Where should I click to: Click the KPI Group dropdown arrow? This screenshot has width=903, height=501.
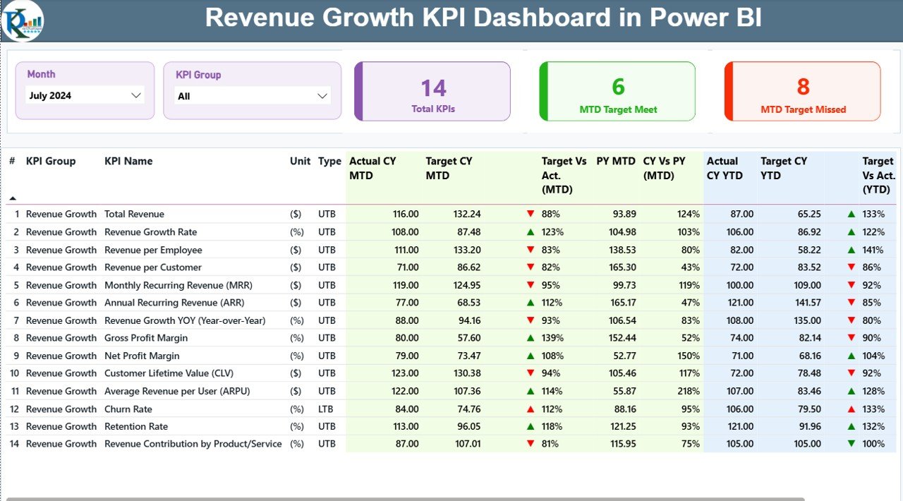(322, 96)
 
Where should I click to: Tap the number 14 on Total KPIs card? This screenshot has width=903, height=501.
(433, 88)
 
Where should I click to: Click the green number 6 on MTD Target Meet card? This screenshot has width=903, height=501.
(618, 87)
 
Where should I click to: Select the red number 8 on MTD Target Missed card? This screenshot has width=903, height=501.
(803, 87)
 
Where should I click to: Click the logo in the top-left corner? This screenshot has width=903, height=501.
(22, 21)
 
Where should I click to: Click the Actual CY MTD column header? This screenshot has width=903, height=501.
(373, 168)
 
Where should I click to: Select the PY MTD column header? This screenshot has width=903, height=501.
(615, 161)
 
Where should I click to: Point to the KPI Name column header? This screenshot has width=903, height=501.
(128, 161)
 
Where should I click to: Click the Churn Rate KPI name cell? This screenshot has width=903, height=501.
(128, 409)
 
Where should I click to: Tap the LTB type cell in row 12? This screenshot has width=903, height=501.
(327, 409)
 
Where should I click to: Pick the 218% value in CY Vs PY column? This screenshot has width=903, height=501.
(689, 391)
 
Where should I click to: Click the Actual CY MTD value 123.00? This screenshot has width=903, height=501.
(405, 373)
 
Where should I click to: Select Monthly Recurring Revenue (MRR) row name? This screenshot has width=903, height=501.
(178, 285)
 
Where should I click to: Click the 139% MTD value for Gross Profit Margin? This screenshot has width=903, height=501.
(553, 338)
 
